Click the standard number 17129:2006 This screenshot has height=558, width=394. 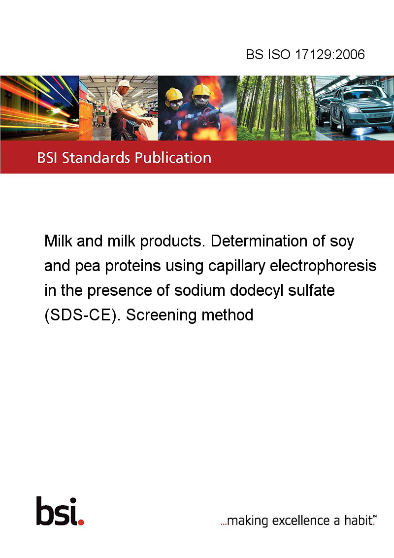(x=330, y=54)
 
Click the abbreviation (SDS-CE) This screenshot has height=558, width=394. (x=82, y=315)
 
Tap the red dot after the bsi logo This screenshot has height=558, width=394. (x=81, y=522)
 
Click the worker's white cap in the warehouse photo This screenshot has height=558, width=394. (x=124, y=84)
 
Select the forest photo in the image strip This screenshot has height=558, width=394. (x=276, y=108)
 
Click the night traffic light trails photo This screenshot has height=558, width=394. (x=39, y=108)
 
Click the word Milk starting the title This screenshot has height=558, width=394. (x=59, y=241)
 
